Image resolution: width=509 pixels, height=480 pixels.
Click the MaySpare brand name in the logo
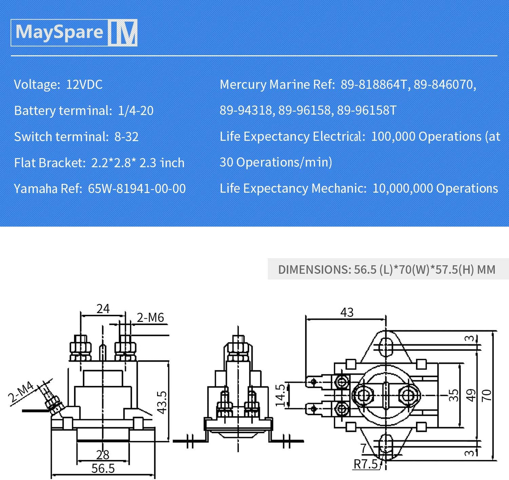coord(59,32)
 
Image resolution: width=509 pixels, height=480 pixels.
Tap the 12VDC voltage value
coord(84,85)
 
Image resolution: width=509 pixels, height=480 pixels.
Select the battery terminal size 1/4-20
coord(136,111)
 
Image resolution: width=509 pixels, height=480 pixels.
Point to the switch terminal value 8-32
coord(126,137)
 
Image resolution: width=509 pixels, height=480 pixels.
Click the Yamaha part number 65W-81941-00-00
coord(137,189)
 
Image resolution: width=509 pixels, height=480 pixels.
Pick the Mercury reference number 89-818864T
coord(373,85)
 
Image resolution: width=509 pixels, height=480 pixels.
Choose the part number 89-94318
coord(246,111)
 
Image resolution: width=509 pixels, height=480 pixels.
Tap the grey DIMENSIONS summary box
coord(388,269)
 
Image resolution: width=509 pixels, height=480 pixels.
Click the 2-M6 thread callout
coord(150,318)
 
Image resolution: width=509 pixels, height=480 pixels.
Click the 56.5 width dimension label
coord(103,468)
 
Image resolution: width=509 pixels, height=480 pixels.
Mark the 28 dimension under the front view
coord(103,455)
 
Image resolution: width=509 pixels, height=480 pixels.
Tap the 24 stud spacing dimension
coord(103,309)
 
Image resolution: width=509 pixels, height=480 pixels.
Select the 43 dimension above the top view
coord(347,312)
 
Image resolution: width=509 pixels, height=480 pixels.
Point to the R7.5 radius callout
coord(366,464)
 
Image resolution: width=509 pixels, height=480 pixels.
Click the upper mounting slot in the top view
coord(386,347)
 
